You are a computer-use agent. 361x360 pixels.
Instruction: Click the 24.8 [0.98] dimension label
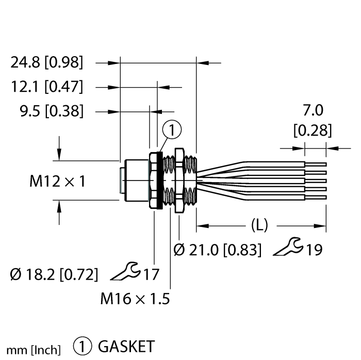(46, 63)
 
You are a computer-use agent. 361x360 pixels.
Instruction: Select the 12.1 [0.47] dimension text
(46, 87)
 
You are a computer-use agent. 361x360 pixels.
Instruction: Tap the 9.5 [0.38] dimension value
(51, 110)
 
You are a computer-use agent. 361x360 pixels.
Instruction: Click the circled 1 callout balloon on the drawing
(173, 132)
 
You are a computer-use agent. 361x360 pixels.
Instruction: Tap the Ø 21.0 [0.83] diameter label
(217, 250)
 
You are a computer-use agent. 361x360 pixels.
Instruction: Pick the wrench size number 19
(313, 250)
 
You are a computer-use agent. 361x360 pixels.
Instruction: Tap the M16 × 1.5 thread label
(135, 298)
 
